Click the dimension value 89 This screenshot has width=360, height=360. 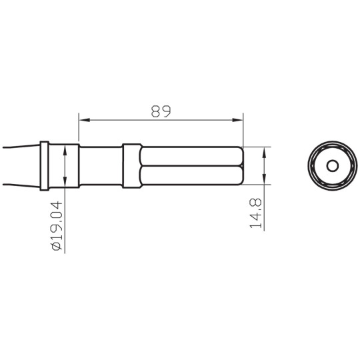point(160,111)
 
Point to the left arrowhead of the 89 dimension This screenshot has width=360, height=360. point(83,121)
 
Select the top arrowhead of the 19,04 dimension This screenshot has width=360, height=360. point(65,149)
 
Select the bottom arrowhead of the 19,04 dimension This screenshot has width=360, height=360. point(65,183)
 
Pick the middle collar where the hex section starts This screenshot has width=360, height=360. point(131,165)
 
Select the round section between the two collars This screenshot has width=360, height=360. point(100,165)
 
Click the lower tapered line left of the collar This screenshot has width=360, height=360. point(20,185)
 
